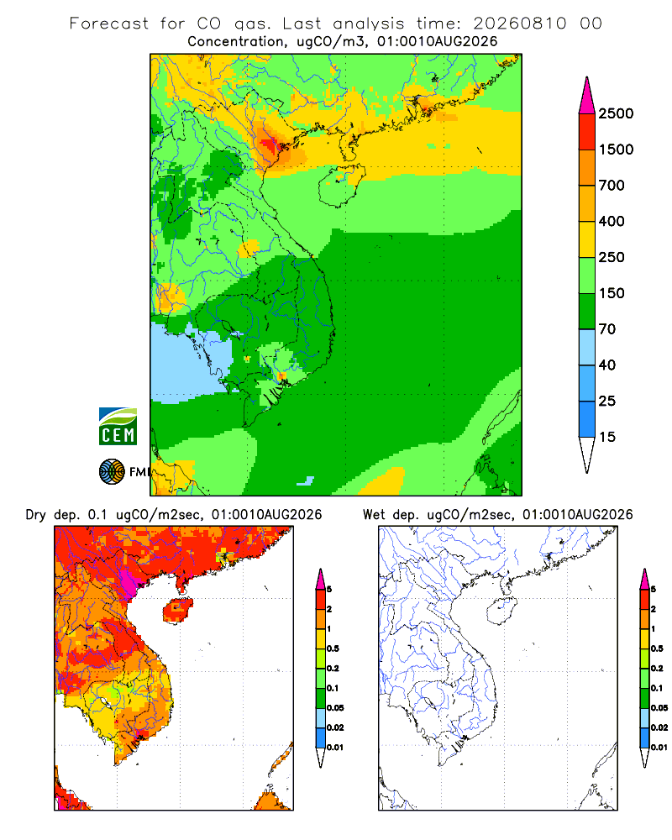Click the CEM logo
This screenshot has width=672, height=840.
(x=118, y=427)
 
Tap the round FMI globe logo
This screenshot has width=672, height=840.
(x=112, y=472)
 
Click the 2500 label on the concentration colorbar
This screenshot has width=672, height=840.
(x=616, y=113)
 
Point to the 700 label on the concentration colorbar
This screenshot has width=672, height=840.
(x=612, y=186)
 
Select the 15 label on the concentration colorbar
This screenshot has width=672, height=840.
(x=607, y=437)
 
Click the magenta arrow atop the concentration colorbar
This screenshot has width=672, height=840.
(x=587, y=95)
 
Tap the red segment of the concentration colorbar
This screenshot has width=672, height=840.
(x=587, y=132)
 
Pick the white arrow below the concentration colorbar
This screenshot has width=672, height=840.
(x=587, y=454)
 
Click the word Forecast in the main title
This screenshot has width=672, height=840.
(x=109, y=24)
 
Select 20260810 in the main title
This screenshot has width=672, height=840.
(x=520, y=24)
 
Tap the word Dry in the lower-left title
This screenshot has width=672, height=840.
(x=36, y=515)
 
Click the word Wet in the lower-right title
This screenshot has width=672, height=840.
(x=374, y=515)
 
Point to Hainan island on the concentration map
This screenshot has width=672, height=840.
(x=341, y=185)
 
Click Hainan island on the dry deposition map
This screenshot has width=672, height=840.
(x=178, y=611)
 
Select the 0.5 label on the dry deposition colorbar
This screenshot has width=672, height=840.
(x=333, y=648)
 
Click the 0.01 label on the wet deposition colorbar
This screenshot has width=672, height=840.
(x=659, y=748)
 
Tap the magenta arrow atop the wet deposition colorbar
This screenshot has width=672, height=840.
(x=644, y=579)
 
